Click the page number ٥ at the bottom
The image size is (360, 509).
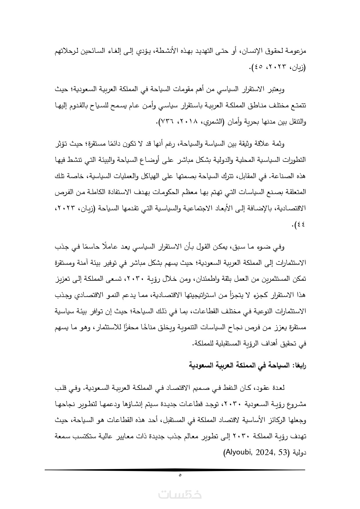click(x=180, y=475)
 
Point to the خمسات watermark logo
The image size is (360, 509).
click(x=180, y=494)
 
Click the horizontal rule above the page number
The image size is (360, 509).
click(x=175, y=470)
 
